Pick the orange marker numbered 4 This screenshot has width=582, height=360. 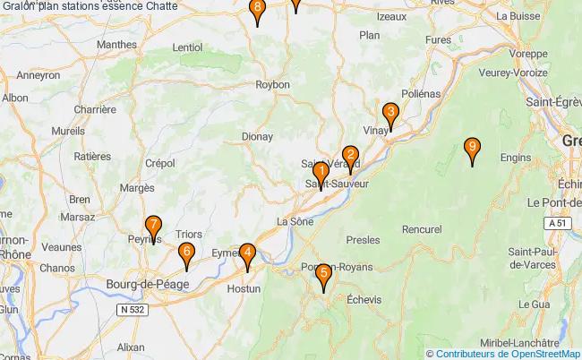click(x=247, y=254)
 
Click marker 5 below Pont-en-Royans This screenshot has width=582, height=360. click(x=323, y=275)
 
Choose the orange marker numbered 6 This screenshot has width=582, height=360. click(x=185, y=254)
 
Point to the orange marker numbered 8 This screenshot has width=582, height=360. click(x=258, y=10)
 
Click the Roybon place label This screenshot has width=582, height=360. click(x=273, y=84)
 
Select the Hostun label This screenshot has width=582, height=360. click(x=244, y=289)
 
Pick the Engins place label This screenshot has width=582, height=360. click(x=516, y=158)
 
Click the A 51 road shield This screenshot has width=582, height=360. click(x=558, y=222)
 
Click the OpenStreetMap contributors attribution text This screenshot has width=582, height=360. click(x=508, y=353)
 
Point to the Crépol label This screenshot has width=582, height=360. click(x=159, y=163)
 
